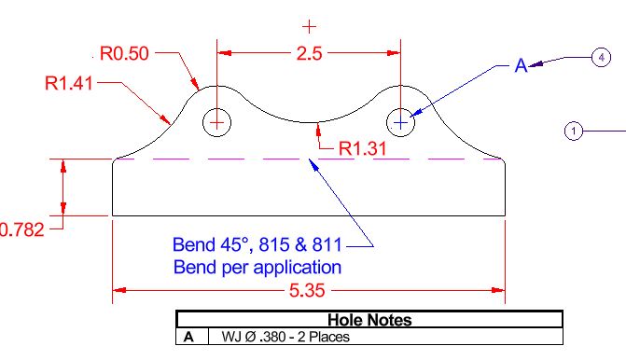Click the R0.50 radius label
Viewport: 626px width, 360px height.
point(124,53)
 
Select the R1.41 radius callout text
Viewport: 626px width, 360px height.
point(69,83)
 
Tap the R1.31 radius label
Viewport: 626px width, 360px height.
point(363,149)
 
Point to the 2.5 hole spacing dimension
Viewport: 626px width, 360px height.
point(309,53)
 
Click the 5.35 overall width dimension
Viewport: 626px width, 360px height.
point(307,291)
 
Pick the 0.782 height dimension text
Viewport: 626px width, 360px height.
point(21,229)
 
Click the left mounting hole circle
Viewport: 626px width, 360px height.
point(216,122)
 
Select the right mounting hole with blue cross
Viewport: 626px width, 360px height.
point(401,122)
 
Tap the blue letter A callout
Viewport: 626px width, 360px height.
point(521,65)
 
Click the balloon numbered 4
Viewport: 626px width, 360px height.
point(601,58)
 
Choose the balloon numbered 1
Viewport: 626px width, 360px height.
point(574,131)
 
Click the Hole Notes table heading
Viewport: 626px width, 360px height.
point(369,320)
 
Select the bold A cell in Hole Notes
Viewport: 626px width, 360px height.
point(188,338)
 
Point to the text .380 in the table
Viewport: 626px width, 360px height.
point(272,337)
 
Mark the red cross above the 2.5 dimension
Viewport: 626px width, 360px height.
point(309,27)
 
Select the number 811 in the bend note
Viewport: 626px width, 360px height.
point(327,244)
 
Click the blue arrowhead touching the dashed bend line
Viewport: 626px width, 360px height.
point(314,164)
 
